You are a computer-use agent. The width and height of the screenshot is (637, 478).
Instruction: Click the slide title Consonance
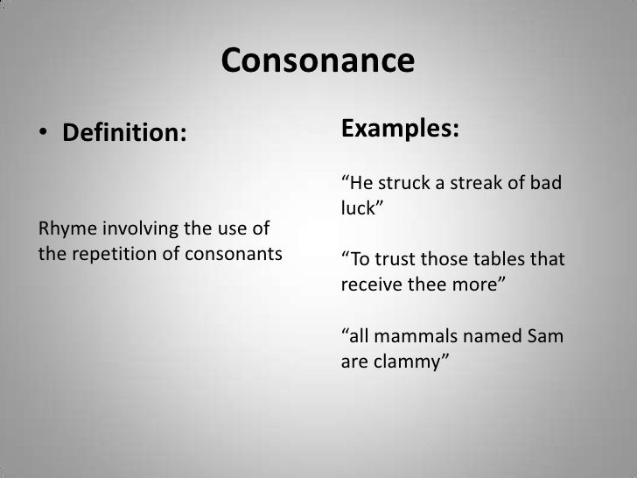tap(317, 61)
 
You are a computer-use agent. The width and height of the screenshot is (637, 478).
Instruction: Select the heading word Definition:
tap(122, 135)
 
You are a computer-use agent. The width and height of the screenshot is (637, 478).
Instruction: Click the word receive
tap(367, 285)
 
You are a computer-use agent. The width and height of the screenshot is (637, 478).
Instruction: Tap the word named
tap(490, 336)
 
